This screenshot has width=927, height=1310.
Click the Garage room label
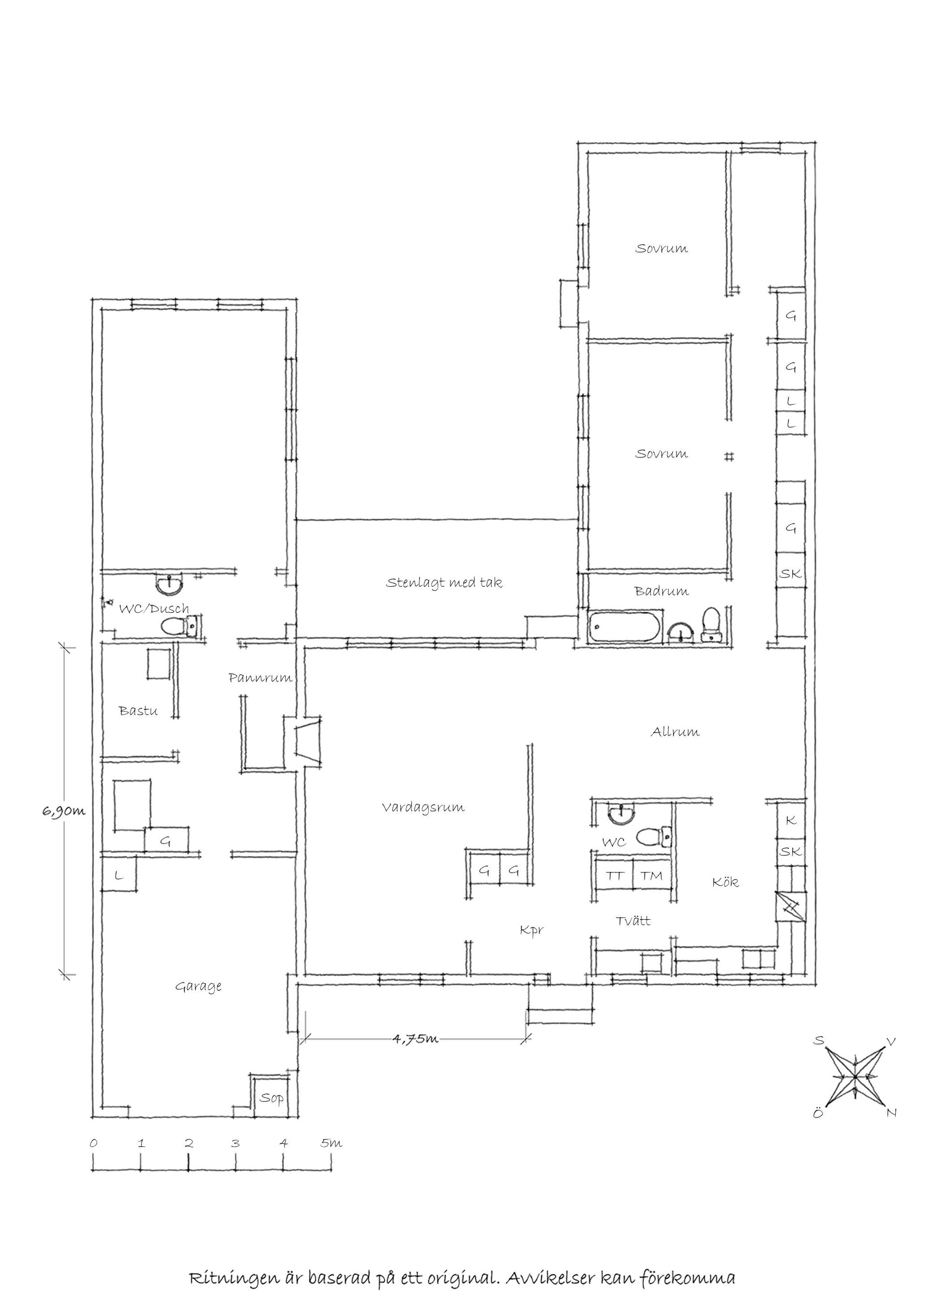click(198, 987)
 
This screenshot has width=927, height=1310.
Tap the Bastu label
click(138, 711)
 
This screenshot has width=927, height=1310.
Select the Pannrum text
click(260, 678)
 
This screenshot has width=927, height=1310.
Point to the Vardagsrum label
click(423, 807)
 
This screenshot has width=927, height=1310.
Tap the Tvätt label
click(633, 921)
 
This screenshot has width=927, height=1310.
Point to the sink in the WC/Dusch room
click(169, 584)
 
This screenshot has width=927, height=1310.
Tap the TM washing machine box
click(651, 876)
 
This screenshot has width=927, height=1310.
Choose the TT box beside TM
click(614, 876)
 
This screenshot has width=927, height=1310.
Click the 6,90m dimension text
click(63, 811)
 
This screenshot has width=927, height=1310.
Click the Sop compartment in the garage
click(271, 1097)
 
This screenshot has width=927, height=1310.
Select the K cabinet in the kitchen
click(790, 820)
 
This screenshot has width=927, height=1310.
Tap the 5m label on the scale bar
click(331, 1143)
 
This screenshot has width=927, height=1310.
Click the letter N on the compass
click(892, 1113)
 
